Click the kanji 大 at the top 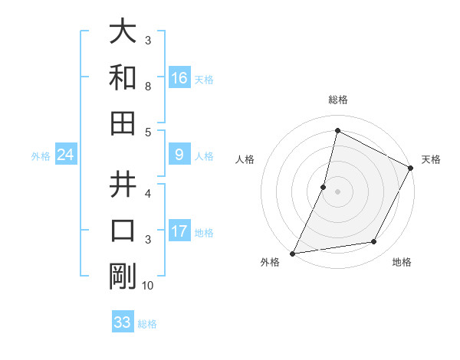coord(123,33)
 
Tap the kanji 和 coord(123,78)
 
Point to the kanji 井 coord(123,185)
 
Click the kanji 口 coord(123,230)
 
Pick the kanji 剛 coord(123,276)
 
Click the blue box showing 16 coord(179,78)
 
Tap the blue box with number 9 coord(179,155)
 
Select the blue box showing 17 coord(179,231)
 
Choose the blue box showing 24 coord(66,155)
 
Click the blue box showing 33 coord(123,322)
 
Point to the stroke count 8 coord(148,87)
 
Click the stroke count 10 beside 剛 coord(148,286)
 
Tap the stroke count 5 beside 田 coord(148,133)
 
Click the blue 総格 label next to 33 coord(147,324)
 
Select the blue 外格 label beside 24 coord(41,156)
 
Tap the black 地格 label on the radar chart coord(402,262)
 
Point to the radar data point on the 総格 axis coord(337,130)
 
